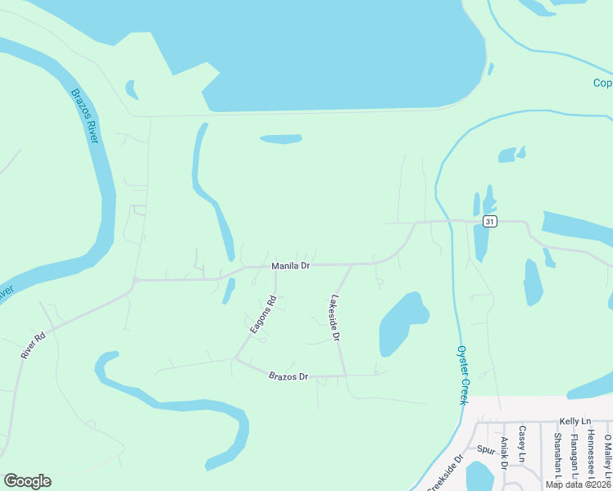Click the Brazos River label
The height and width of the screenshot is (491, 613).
84,117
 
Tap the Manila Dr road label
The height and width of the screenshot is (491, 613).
290,266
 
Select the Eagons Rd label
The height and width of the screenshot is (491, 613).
264,313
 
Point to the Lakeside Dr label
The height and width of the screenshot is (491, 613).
334,318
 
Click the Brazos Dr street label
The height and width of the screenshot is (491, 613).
288,376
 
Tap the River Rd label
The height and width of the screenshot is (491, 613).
34,344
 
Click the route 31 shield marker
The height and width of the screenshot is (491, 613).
489,222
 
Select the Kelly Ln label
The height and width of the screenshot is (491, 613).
574,421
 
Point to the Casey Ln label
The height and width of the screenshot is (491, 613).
522,445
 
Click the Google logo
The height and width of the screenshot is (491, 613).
27,481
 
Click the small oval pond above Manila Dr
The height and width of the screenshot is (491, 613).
281,139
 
